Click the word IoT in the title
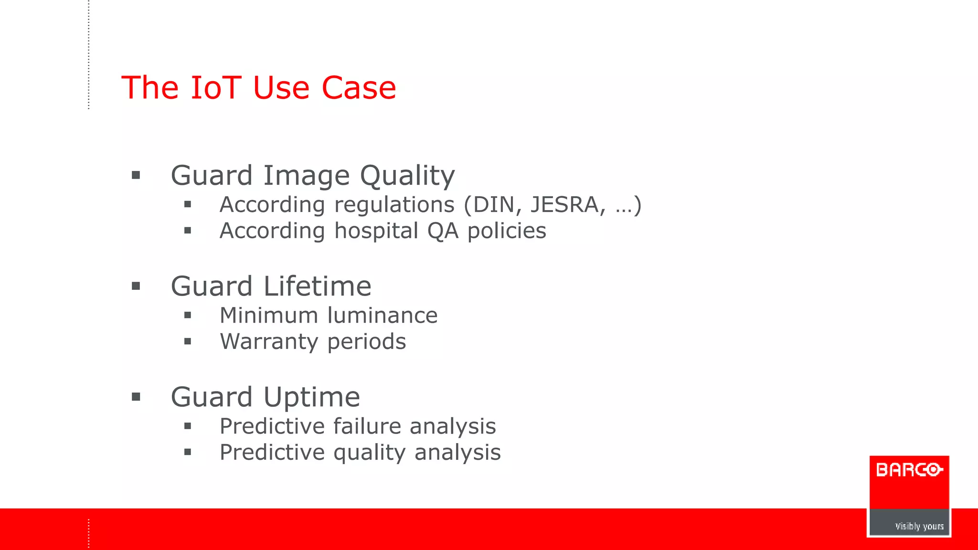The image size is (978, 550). (215, 88)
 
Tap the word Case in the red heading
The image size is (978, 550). (359, 88)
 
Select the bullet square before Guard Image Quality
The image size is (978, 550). (136, 175)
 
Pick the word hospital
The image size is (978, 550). (376, 231)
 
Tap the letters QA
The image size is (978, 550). (443, 231)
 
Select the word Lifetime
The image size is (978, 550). (317, 286)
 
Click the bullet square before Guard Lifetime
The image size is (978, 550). (136, 286)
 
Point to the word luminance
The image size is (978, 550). (383, 316)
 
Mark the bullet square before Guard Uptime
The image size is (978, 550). (136, 397)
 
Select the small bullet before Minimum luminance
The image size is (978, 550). (188, 315)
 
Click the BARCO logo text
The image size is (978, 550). (909, 470)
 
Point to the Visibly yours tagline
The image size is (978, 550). (919, 526)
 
